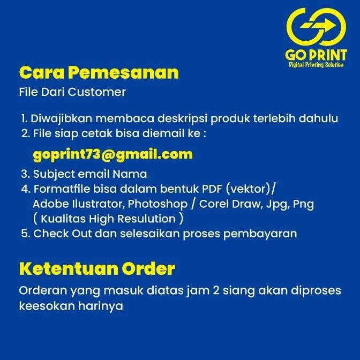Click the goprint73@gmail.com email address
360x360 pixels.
coord(112,155)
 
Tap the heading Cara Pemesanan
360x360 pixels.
coord(99,72)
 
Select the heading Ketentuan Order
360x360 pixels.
coord(97,268)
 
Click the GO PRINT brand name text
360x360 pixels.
coord(316,55)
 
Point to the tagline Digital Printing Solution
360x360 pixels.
coord(316,65)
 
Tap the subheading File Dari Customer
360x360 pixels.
coord(72,92)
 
